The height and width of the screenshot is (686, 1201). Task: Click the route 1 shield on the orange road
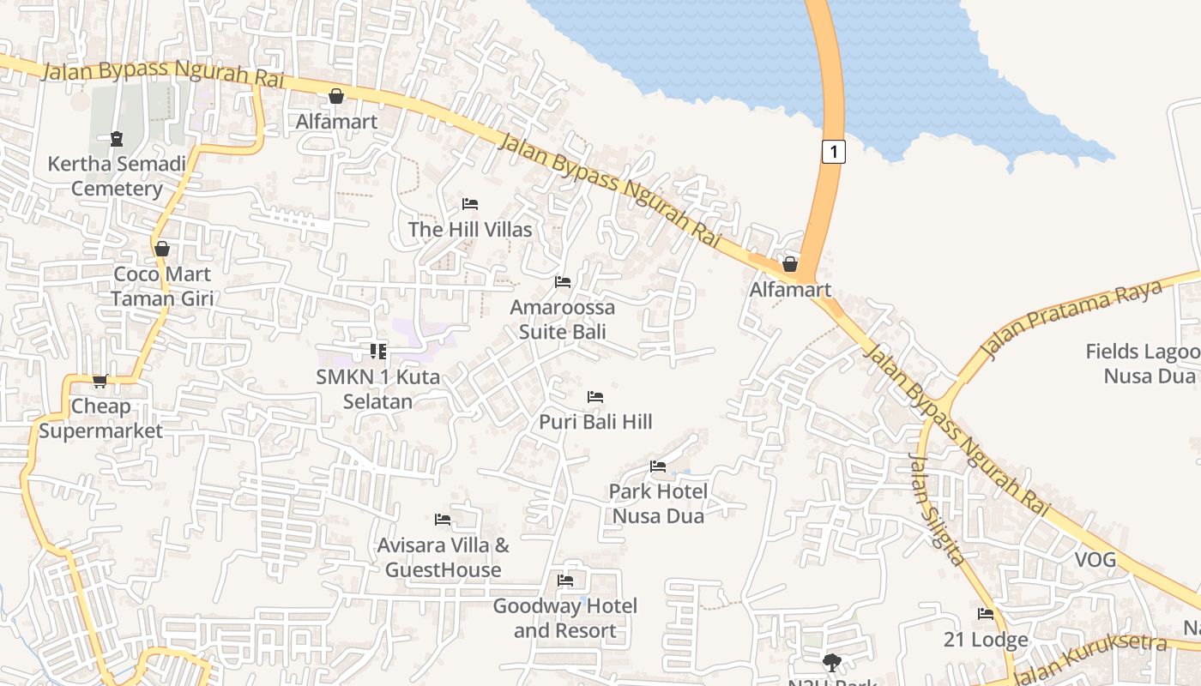click(x=833, y=152)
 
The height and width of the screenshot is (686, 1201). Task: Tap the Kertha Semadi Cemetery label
click(x=117, y=176)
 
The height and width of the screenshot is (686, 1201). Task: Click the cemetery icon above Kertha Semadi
click(x=117, y=139)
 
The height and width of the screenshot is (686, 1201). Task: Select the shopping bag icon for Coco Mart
click(x=162, y=249)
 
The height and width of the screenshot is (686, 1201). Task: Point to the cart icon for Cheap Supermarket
click(x=100, y=382)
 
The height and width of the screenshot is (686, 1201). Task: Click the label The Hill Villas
click(x=470, y=229)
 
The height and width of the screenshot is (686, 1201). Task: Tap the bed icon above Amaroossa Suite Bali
click(x=563, y=282)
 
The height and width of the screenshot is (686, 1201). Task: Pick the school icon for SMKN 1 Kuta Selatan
click(x=378, y=351)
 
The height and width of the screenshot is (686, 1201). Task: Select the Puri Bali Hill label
click(x=595, y=421)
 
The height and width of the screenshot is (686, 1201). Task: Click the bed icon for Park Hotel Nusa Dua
click(x=658, y=466)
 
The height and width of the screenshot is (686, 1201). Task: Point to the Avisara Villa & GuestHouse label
click(x=443, y=557)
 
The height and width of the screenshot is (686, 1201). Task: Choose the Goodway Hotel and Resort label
click(x=564, y=618)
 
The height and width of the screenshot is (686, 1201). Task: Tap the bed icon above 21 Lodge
click(x=986, y=614)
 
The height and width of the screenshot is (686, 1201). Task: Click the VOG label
click(x=1095, y=560)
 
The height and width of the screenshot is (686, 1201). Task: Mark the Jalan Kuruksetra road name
click(x=1089, y=659)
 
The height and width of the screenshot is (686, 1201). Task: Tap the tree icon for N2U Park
click(x=831, y=662)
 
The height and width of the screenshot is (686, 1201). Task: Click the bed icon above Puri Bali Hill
click(x=595, y=397)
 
